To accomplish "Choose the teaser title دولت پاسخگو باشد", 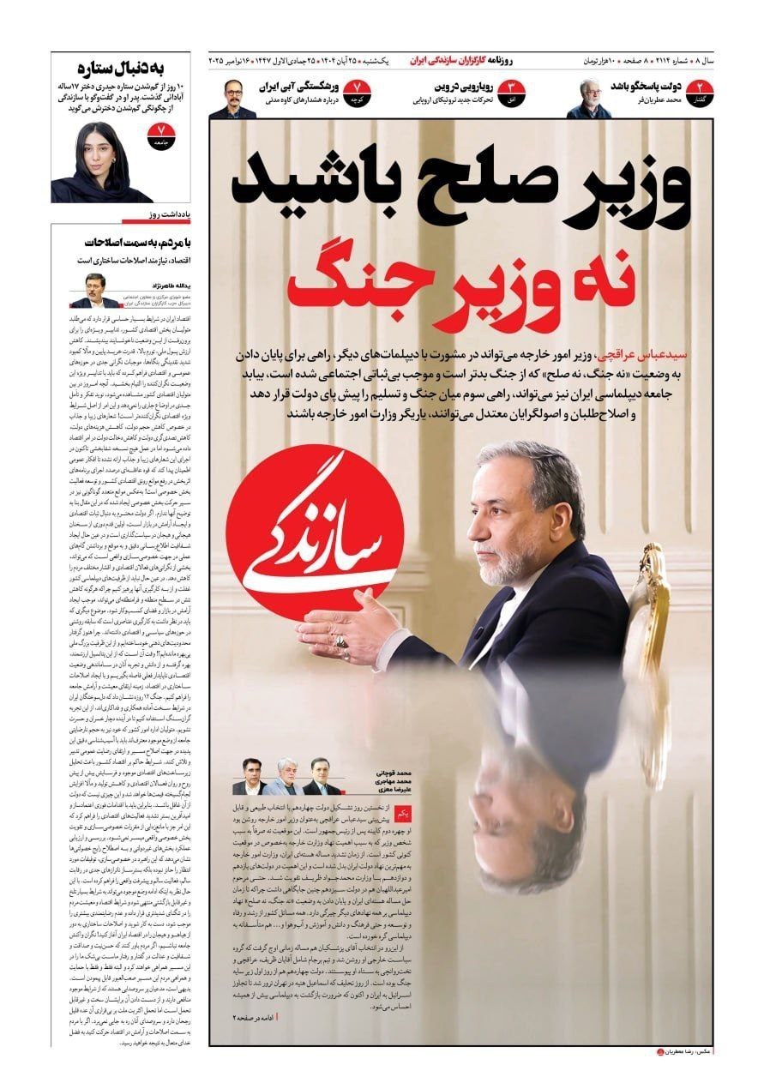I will (646, 87).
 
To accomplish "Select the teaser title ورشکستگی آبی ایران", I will (304, 87).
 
